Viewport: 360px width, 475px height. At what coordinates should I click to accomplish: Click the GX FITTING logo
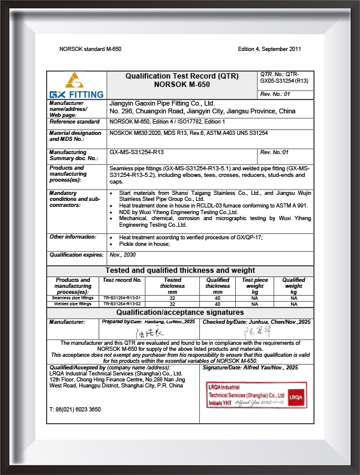tap(77, 85)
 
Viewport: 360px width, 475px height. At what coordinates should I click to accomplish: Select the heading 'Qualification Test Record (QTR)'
tap(181, 76)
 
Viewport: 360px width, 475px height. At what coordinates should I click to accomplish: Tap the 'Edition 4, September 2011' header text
tap(269, 49)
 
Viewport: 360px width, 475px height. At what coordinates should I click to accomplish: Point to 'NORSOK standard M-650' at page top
tap(91, 49)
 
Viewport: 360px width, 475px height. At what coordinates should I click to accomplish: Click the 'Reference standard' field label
tap(74, 121)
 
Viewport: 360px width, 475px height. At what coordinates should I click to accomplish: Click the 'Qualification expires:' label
tap(74, 255)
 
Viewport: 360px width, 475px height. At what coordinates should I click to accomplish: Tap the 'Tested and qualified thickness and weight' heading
tap(181, 270)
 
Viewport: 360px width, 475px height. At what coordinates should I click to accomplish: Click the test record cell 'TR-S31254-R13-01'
tap(122, 297)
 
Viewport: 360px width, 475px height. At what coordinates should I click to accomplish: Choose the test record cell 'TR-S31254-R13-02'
tap(122, 304)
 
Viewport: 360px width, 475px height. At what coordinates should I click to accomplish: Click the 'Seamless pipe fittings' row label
tap(73, 297)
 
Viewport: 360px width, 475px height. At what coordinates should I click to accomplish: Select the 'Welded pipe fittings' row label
tap(73, 304)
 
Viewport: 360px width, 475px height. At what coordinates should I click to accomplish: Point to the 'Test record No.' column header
tap(122, 280)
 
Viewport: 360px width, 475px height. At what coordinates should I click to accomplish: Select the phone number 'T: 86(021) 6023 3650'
tap(75, 409)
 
